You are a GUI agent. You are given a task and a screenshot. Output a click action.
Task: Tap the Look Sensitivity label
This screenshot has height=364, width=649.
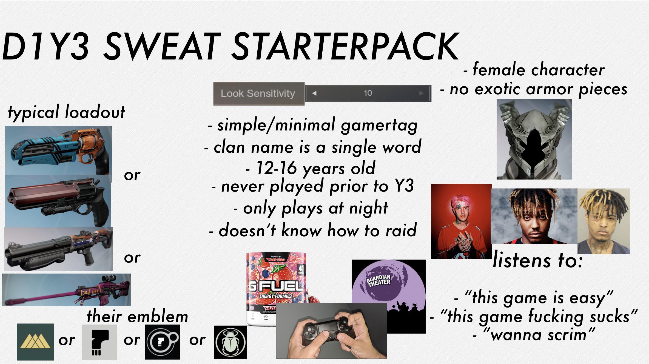click(x=258, y=93)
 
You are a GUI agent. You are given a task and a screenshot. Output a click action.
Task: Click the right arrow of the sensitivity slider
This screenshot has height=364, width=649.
click(x=421, y=93)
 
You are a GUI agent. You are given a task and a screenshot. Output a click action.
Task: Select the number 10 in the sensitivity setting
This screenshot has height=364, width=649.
click(x=368, y=93)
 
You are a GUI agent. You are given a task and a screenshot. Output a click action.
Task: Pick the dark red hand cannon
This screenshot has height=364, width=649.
click(x=58, y=201)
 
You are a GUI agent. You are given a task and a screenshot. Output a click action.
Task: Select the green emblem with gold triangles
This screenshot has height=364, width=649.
click(x=35, y=342)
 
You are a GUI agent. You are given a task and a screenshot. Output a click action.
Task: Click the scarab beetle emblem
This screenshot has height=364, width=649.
click(x=230, y=342)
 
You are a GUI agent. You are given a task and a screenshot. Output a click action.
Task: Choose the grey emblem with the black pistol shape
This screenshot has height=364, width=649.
click(x=99, y=342)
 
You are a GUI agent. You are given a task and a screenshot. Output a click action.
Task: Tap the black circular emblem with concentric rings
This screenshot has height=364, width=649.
click(x=163, y=342)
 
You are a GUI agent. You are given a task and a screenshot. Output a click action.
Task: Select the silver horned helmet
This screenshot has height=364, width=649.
click(x=534, y=139)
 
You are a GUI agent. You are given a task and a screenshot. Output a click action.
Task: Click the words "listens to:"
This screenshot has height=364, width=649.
click(x=537, y=260)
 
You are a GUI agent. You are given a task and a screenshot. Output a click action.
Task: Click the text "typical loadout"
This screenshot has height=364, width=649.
click(x=67, y=112)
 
